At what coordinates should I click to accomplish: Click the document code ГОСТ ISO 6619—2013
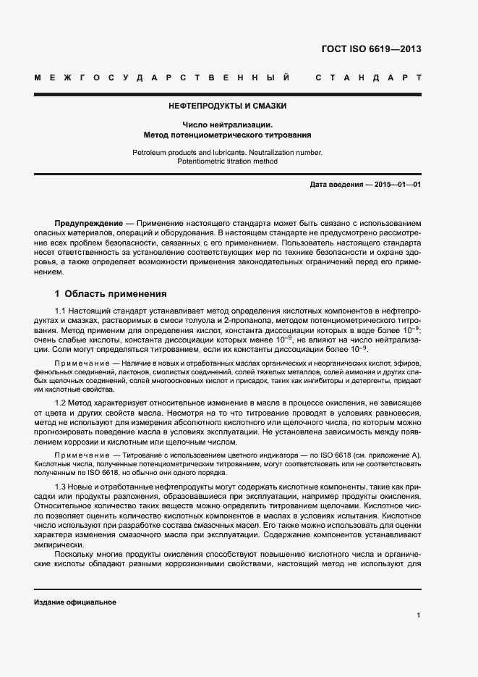point(370,50)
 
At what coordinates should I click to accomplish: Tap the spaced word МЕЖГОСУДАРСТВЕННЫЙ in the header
point(163,77)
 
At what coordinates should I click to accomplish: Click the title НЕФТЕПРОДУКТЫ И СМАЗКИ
point(227,106)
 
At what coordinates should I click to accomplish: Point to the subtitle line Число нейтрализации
point(227,125)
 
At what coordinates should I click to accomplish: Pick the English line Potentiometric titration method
point(227,161)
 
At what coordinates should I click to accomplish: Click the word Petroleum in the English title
point(150,152)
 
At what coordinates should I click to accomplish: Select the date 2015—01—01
point(398,185)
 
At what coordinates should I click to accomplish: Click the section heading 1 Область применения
point(111,294)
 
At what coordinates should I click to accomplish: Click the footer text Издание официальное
point(75,602)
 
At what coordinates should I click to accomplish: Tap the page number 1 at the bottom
point(418,615)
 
